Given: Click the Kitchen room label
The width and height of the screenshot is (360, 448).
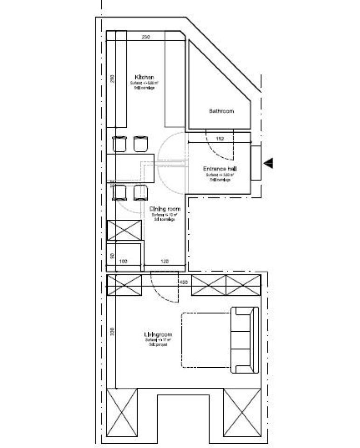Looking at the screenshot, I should [141, 77].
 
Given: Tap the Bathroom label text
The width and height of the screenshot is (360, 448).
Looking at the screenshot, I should [221, 112].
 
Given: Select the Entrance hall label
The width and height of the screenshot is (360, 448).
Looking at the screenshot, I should [218, 169].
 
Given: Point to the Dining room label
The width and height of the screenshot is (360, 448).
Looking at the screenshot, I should [165, 210].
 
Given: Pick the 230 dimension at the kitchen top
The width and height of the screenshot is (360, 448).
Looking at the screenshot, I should [145, 37].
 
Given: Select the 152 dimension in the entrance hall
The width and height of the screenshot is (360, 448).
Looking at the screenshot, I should [220, 139].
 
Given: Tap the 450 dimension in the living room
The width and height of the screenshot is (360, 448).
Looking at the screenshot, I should [183, 282].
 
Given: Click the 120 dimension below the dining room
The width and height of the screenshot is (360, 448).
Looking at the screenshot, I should [165, 262].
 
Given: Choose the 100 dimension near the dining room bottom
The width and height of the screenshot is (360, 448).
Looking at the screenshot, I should [124, 262].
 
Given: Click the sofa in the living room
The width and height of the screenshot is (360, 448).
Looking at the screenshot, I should [245, 340].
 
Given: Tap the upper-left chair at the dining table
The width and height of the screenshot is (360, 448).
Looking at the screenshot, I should [120, 144].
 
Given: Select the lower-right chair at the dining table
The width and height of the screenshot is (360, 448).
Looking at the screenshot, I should [140, 192].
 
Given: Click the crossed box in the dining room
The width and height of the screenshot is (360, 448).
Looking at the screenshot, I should [125, 231].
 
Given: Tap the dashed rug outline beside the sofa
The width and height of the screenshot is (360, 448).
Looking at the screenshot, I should [205, 340].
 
